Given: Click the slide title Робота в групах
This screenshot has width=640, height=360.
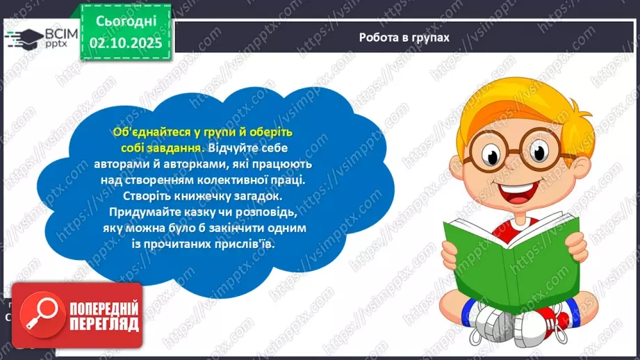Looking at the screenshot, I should click(x=404, y=38).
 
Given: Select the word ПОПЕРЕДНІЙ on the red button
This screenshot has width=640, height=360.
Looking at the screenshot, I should click(x=104, y=308).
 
